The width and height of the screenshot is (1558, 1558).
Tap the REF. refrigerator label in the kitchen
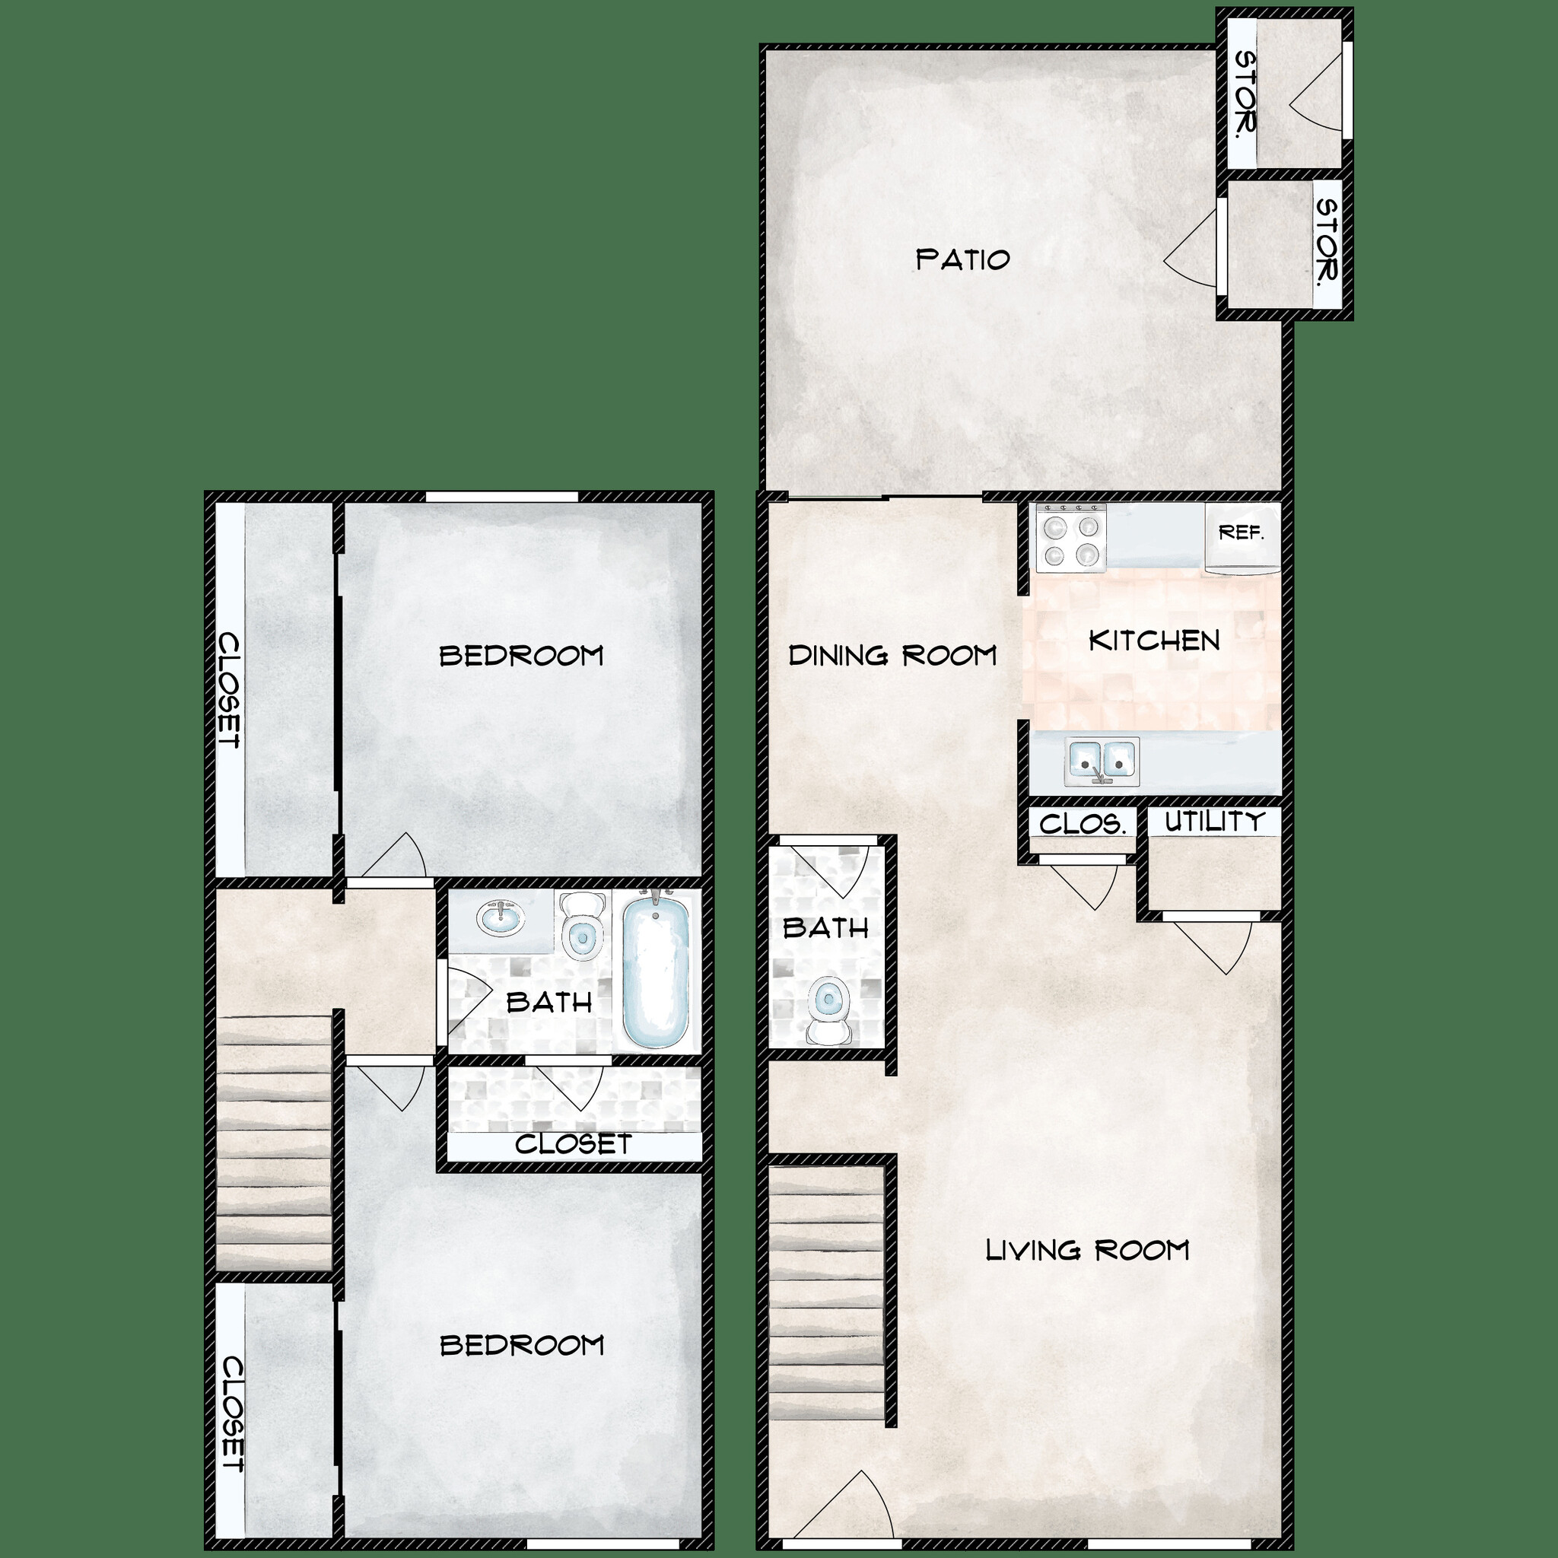click(1240, 533)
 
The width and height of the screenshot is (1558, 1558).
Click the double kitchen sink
click(1101, 758)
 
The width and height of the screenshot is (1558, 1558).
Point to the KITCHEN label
click(1154, 641)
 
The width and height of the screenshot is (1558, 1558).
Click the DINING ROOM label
click(892, 656)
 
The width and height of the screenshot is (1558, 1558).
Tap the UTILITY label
click(1214, 822)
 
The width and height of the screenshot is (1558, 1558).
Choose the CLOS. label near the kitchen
click(1083, 824)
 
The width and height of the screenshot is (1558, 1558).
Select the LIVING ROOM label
click(1088, 1251)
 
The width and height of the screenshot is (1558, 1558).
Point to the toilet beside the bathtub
click(581, 927)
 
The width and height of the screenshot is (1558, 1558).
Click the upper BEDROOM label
click(522, 656)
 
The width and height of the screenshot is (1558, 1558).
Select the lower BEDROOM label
click(522, 1345)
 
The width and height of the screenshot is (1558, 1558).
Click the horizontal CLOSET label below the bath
click(573, 1144)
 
